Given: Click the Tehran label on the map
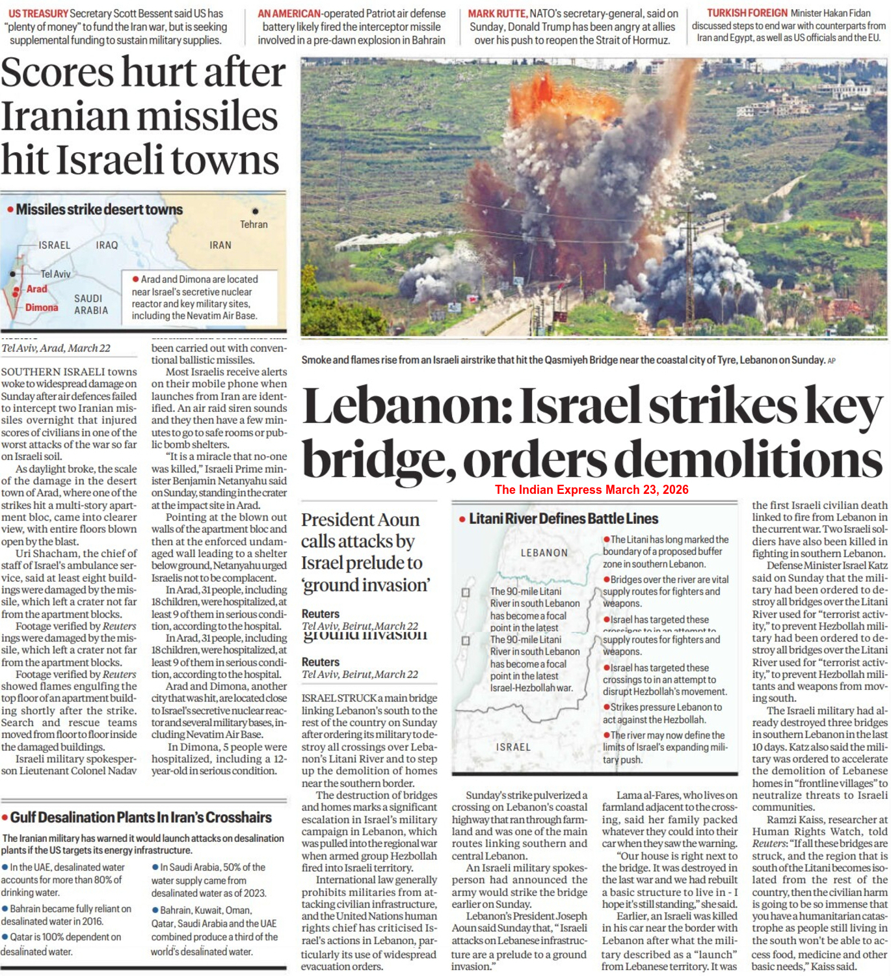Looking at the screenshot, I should coord(254,224).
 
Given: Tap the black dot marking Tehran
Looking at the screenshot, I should coord(255,211).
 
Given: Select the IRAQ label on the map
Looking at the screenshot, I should coord(107,245).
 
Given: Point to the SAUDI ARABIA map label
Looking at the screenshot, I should coord(91,305).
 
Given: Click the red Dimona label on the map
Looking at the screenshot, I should coord(42,308).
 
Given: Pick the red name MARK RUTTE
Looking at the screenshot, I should coord(498,13).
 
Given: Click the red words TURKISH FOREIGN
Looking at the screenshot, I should coord(747,13).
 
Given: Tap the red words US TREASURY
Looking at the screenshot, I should coord(38,13).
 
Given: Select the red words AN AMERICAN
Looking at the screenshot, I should coord(289,13).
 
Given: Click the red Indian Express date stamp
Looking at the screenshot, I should coord(591,490).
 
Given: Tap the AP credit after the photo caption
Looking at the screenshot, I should coord(831,361).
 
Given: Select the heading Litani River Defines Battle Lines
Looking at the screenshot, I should coord(563,519).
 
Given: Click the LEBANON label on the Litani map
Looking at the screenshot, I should coord(544,553).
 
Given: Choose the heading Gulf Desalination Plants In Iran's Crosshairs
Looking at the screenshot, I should coord(141,817).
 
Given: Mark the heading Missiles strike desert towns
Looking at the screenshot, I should coord(99,210).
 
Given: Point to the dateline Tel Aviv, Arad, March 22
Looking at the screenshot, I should coord(56,348).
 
